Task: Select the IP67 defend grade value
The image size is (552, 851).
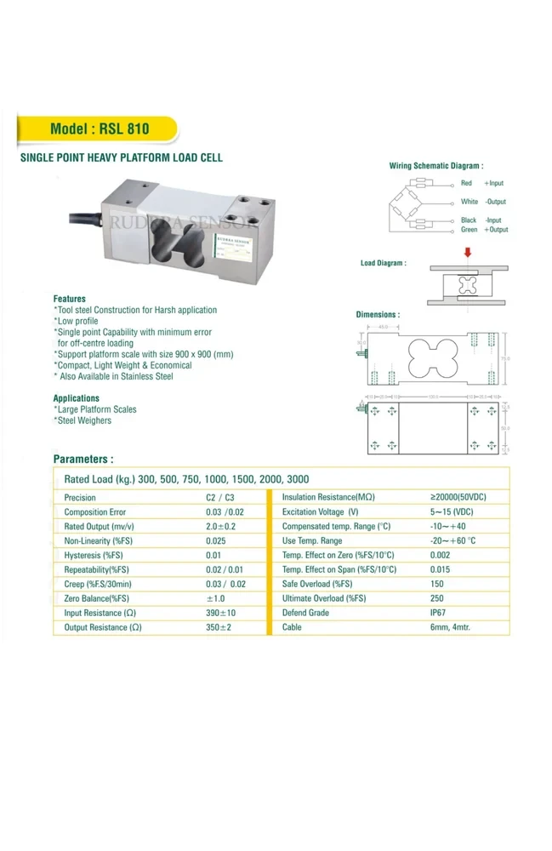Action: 441,613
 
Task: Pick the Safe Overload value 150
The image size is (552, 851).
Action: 439,584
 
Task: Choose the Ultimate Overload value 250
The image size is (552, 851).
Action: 439,598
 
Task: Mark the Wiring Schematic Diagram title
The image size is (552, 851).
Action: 435,166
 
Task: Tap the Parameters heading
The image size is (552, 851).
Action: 83,458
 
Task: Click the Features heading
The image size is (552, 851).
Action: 70,299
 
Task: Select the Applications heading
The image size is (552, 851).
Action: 77,398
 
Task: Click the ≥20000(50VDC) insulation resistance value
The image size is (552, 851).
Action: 459,497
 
